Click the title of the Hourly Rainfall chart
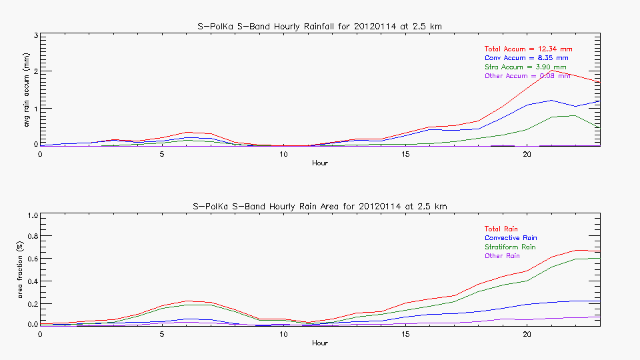pyautogui.click(x=320, y=27)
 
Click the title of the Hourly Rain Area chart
pyautogui.click(x=320, y=207)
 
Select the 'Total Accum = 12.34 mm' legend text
pyautogui.click(x=528, y=49)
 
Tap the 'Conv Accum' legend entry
pyautogui.click(x=526, y=58)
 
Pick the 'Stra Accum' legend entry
pyautogui.click(x=525, y=67)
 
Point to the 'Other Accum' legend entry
pyautogui.click(x=527, y=76)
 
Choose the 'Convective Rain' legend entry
pyautogui.click(x=511, y=238)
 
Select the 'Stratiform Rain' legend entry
pyautogui.click(x=510, y=247)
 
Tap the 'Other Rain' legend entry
pyautogui.click(x=502, y=256)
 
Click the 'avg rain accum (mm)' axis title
pyautogui.click(x=27, y=90)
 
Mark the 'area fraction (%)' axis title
pyautogui.click(x=27, y=269)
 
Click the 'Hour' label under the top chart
pyautogui.click(x=320, y=163)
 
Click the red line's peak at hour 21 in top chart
pyautogui.click(x=551, y=70)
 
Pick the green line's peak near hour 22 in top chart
pyautogui.click(x=575, y=115)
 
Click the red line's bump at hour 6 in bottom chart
pyautogui.click(x=186, y=301)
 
